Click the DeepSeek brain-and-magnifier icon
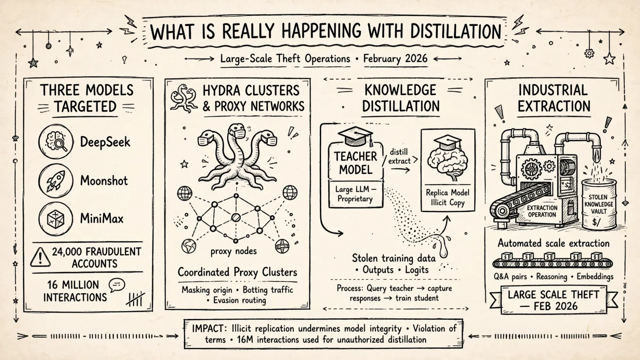(x=56, y=141)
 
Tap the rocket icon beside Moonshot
(x=56, y=180)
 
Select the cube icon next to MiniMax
(x=56, y=219)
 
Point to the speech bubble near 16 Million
(x=117, y=285)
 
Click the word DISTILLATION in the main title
(x=456, y=32)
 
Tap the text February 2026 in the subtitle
(x=395, y=59)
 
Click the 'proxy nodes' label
(x=234, y=251)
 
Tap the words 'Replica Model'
(x=447, y=193)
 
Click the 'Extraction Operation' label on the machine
(x=542, y=211)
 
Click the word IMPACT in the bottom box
(x=208, y=329)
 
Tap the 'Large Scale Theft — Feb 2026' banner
(x=554, y=300)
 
